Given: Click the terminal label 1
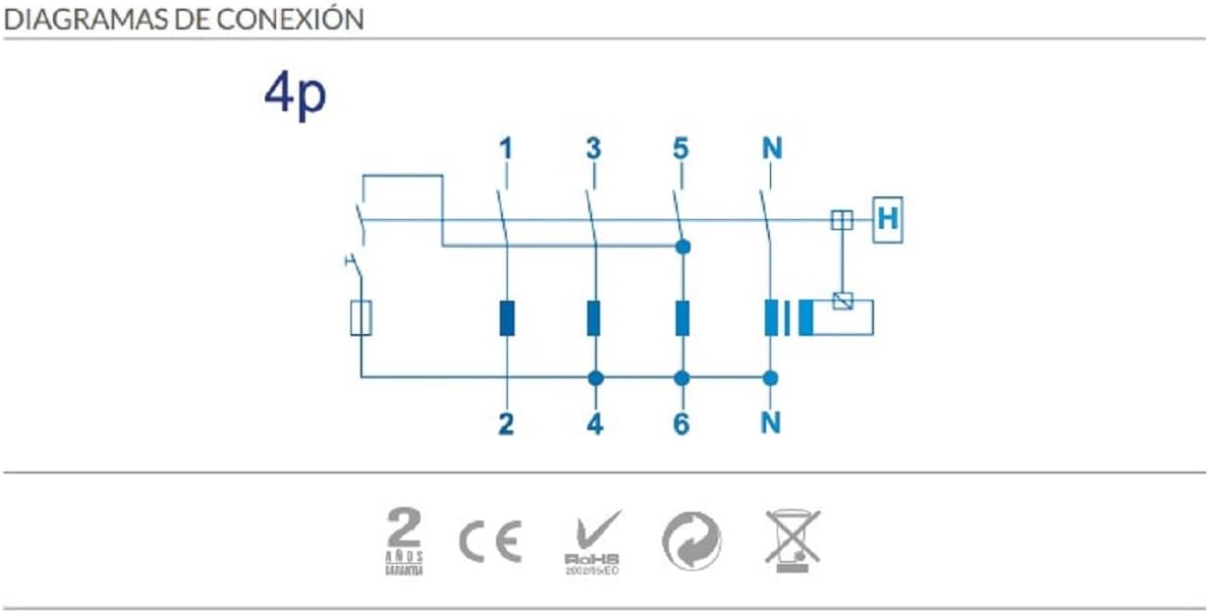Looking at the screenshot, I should [x=505, y=149].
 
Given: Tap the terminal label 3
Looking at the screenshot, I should [x=592, y=149].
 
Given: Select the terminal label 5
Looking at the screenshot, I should [x=681, y=149].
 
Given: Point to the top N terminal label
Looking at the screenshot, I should [x=771, y=149].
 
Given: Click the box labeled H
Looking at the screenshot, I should [x=887, y=220].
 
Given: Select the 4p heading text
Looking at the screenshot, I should [x=295, y=95].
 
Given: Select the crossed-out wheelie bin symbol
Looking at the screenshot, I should [x=793, y=540].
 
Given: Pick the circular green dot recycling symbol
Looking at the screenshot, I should [x=691, y=541].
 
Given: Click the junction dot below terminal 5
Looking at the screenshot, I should [x=683, y=246].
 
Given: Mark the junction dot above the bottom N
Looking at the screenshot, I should [x=771, y=377].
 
